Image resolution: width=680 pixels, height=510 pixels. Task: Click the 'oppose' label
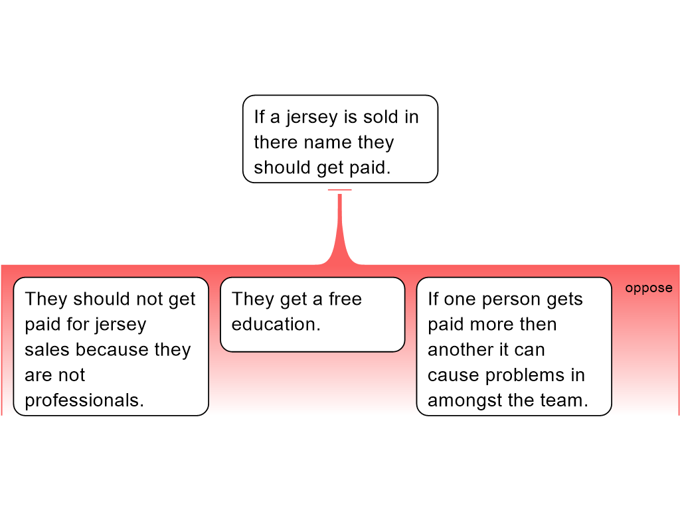coord(648,288)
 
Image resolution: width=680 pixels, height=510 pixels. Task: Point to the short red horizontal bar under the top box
coord(339,191)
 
